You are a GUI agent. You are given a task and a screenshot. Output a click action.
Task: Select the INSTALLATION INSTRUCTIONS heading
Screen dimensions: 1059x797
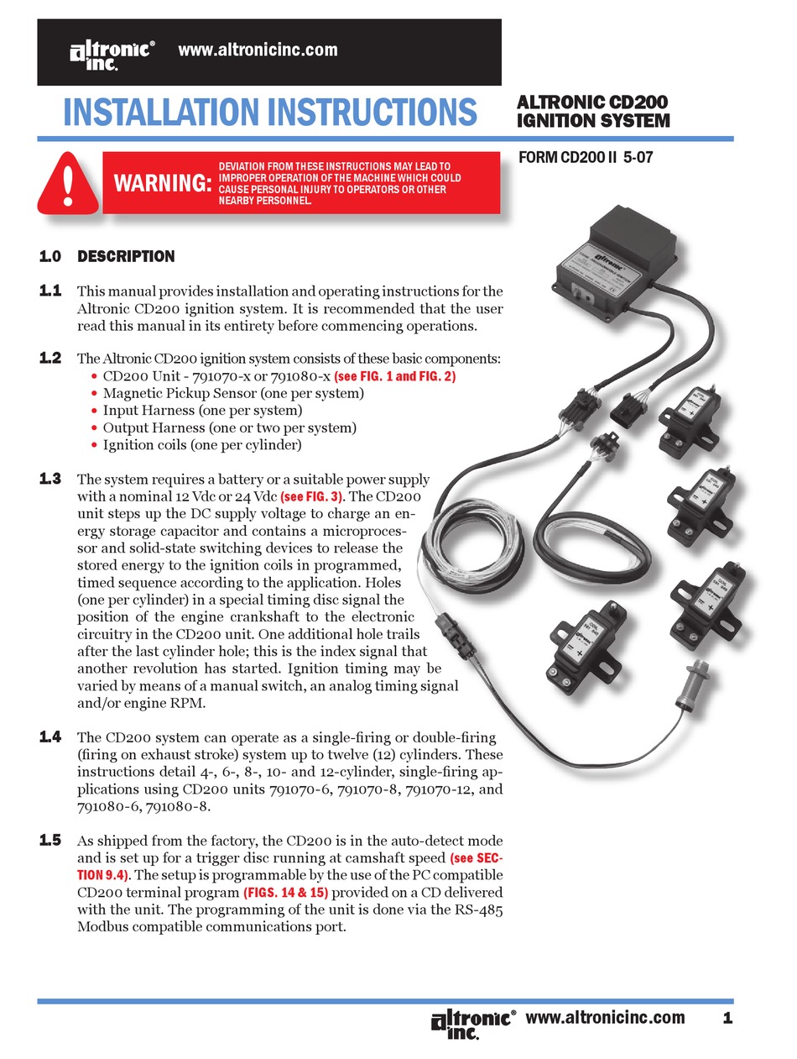[x=269, y=113]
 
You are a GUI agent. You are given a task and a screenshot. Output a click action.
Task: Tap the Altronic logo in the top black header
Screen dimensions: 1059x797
[x=111, y=54]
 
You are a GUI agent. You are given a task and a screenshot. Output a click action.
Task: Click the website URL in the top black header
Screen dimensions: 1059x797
[x=258, y=50]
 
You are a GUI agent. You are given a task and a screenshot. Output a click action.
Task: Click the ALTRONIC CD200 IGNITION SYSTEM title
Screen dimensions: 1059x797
[x=592, y=112]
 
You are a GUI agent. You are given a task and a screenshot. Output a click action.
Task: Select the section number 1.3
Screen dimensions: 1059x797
[x=50, y=480]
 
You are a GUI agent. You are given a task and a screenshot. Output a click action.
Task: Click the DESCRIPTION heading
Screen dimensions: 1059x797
[x=126, y=256]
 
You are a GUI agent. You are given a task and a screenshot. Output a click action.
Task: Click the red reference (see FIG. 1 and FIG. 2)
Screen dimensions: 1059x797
[x=394, y=376]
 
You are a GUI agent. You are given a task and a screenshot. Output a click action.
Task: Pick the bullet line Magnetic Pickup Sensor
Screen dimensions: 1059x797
[x=232, y=393]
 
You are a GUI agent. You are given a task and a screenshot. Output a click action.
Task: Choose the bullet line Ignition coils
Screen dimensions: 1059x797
[x=201, y=445]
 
